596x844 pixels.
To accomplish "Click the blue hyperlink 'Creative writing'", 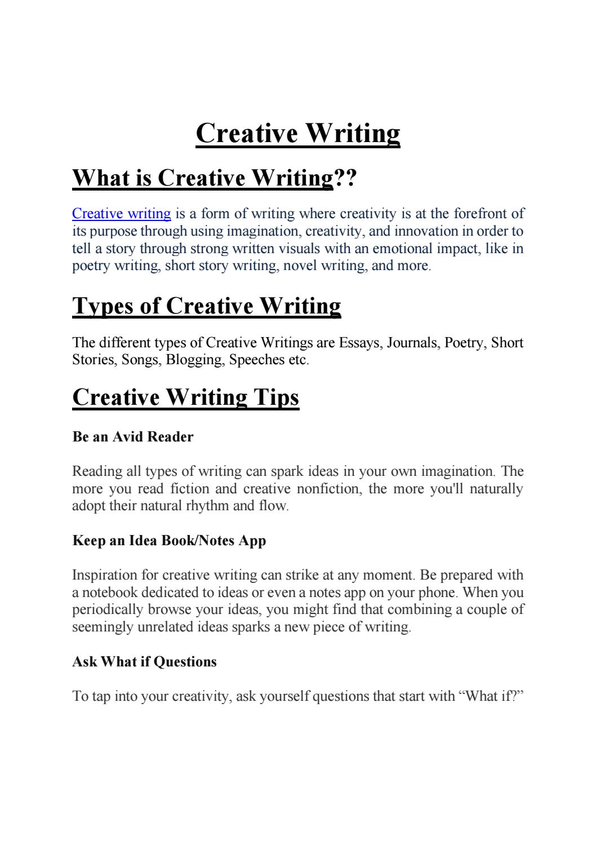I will coord(122,214).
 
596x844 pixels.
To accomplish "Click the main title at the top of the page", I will coord(297,133).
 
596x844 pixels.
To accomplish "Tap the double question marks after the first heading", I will coord(345,178).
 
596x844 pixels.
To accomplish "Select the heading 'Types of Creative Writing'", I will coord(207,306).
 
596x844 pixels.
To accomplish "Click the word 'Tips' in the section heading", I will coord(275,397).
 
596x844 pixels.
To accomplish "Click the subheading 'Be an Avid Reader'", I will coord(133,437).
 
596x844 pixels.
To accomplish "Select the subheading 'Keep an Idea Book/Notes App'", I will coord(169,541).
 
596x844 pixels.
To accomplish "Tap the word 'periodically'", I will coord(108,609).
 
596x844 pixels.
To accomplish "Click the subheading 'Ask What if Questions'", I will coord(144,661).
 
